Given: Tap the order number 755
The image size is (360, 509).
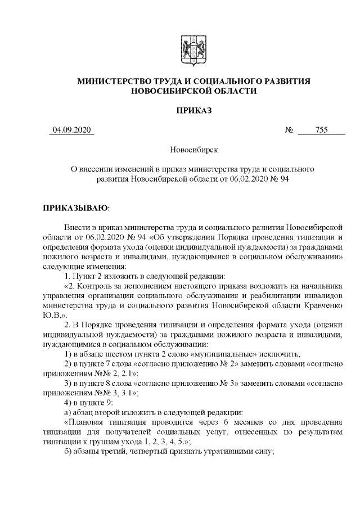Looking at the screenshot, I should click(321, 130).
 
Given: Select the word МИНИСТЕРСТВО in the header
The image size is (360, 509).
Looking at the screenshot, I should click(115, 82).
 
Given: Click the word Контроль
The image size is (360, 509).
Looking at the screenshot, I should click(97, 286).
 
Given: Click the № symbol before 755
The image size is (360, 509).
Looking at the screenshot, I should click(290, 130).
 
